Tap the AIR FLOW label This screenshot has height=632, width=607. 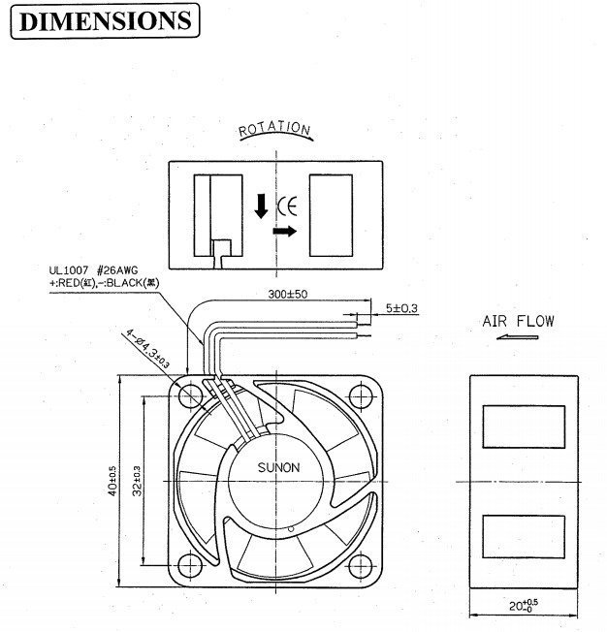point(518,322)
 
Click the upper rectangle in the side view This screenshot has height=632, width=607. point(522,426)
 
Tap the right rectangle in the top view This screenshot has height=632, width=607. point(334,214)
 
